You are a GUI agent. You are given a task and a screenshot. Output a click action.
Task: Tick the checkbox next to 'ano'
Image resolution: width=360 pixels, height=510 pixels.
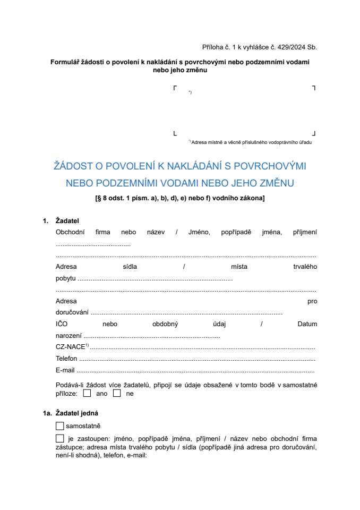pyautogui.click(x=87, y=394)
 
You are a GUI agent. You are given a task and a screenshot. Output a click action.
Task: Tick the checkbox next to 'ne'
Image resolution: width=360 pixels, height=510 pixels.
pyautogui.click(x=117, y=394)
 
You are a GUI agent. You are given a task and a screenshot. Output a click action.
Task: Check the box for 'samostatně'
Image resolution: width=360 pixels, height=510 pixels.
pyautogui.click(x=59, y=426)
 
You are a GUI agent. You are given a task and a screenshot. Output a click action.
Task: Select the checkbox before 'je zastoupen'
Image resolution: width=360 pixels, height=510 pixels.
pyautogui.click(x=59, y=439)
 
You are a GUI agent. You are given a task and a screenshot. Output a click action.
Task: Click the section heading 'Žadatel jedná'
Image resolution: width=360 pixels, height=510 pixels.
pyautogui.click(x=76, y=413)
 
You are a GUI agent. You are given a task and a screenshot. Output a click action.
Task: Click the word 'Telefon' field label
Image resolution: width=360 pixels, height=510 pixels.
pyautogui.click(x=66, y=359)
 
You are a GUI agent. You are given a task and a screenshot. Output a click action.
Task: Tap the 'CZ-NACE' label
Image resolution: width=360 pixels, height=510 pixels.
pyautogui.click(x=70, y=347)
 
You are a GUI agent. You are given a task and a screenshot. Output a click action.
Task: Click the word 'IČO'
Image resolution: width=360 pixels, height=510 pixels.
pyautogui.click(x=62, y=324)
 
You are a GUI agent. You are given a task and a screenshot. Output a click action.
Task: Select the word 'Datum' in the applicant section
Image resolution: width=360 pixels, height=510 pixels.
pyautogui.click(x=307, y=324)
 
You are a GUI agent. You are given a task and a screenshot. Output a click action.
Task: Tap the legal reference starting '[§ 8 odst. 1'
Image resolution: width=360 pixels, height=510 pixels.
pyautogui.click(x=179, y=199)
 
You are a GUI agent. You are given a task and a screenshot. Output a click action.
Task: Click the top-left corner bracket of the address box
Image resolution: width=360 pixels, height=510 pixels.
pyautogui.click(x=175, y=88)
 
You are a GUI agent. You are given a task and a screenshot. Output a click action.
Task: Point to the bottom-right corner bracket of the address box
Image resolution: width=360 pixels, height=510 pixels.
pyautogui.click(x=314, y=133)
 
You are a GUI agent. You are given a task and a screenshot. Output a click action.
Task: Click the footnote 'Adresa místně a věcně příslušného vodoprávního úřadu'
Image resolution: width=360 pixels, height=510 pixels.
pyautogui.click(x=251, y=142)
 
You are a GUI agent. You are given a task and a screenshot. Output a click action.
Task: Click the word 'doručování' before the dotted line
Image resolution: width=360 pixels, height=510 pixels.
pyautogui.click(x=72, y=312)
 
